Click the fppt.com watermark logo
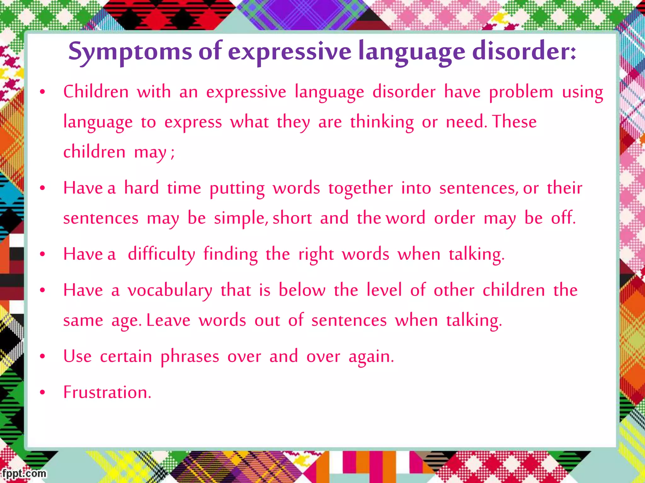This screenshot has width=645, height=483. pos(24,473)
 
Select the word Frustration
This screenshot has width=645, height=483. pos(107,392)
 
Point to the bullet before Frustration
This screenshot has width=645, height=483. pos(43,392)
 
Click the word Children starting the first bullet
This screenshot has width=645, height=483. pos(96,92)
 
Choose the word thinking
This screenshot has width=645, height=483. pos(382,122)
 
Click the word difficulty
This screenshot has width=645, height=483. pos(161,254)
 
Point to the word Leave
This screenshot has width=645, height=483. pos(168,320)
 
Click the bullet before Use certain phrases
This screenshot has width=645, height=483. pos(43,357)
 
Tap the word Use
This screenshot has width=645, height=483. pos(77,356)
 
